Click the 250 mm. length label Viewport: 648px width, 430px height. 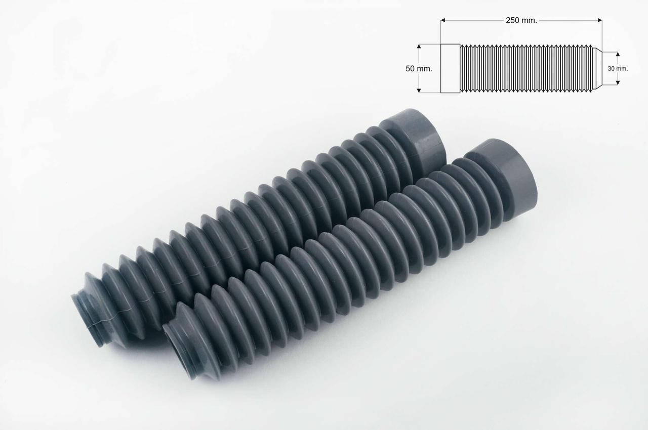tap(521, 20)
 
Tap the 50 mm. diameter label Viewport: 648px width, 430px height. tap(419, 69)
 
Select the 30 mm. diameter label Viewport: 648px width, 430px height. tap(618, 69)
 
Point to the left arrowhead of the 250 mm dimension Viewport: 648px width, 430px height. tap(443, 20)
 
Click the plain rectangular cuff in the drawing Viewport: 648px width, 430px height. tap(450, 68)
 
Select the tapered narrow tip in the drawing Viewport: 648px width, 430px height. tap(598, 68)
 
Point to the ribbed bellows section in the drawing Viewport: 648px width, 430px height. tap(526, 68)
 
